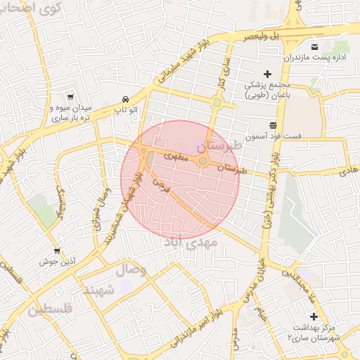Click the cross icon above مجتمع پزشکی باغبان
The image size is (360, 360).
267,73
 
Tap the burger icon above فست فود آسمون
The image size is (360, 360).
272,124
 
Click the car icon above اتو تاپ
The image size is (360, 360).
125,100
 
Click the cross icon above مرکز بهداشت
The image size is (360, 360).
314,316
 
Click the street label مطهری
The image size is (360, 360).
176,157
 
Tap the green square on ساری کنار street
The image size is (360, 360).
217,103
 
